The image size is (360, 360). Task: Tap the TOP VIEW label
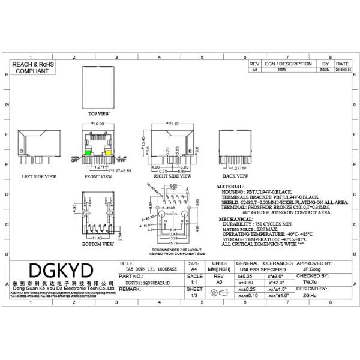click(x=99, y=113)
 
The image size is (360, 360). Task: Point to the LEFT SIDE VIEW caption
click(x=39, y=177)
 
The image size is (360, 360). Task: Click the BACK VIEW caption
click(x=236, y=177)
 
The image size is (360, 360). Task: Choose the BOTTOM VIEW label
click(x=98, y=244)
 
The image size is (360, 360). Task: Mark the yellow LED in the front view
click(x=109, y=154)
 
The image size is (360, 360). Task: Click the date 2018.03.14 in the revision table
click(x=343, y=70)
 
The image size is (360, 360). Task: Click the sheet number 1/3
click(x=194, y=295)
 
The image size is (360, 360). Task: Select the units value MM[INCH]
click(x=219, y=270)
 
